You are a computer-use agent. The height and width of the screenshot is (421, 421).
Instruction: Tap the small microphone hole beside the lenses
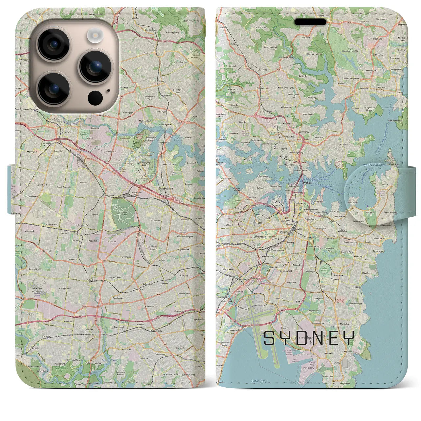109,91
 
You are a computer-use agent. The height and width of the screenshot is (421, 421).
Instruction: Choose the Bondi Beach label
379,238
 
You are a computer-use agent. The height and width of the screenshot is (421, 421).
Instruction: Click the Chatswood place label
262,88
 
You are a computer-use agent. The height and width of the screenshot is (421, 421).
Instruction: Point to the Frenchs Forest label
324,16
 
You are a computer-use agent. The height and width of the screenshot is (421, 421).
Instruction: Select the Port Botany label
309,368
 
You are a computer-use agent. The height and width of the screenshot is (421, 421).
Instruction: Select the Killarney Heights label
314,54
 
